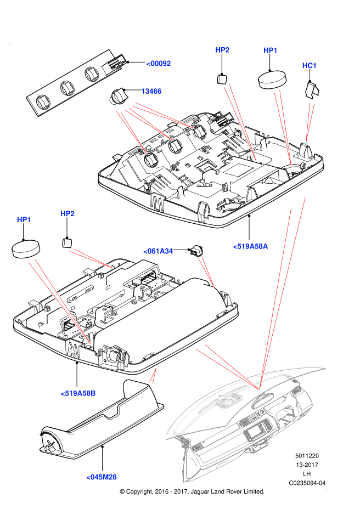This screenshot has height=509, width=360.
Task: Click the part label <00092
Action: tap(158, 64)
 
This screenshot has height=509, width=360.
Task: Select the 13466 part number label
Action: tap(151, 91)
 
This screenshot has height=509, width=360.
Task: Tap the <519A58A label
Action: tap(250, 247)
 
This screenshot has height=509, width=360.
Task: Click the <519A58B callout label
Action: tap(78, 393)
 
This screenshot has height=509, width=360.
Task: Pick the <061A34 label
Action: tap(158, 251)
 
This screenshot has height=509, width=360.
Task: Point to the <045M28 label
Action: tap(102, 477)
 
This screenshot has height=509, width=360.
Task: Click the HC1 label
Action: tap(310, 66)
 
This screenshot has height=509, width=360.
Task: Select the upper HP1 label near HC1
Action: tap(271, 50)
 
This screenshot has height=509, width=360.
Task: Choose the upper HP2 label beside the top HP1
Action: tap(222, 50)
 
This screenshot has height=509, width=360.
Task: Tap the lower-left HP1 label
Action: tap(24, 220)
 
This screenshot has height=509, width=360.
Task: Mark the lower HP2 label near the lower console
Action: tap(67, 213)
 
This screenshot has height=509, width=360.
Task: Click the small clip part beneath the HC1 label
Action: tap(312, 88)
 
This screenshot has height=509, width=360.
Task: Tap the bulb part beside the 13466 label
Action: tap(119, 96)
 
